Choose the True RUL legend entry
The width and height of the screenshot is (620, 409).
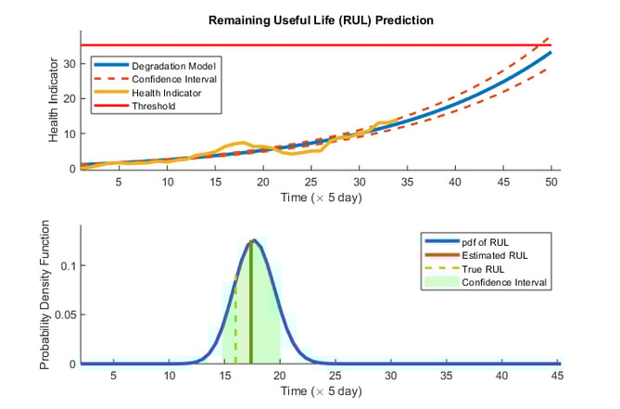pyautogui.click(x=483, y=269)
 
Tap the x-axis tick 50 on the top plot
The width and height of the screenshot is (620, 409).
pyautogui.click(x=551, y=183)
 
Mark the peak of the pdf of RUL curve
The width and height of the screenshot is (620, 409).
pyautogui.click(x=251, y=241)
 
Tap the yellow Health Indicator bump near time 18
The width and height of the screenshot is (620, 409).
pyautogui.click(x=242, y=144)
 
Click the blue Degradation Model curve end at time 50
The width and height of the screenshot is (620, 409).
pyautogui.click(x=550, y=53)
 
